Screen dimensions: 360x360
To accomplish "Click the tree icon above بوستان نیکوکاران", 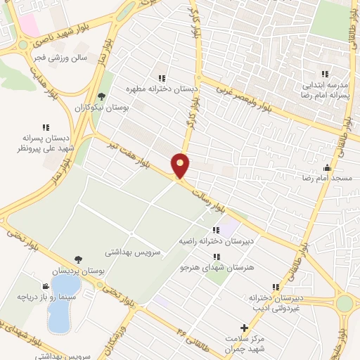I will [101, 96].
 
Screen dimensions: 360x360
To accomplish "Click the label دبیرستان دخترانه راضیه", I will [215, 240].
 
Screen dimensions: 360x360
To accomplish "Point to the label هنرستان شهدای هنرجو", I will [214, 268].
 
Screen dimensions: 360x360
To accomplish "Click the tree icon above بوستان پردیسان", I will [77, 260].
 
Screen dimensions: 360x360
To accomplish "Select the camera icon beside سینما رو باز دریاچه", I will [46, 286].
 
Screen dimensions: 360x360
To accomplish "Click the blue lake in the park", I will [61, 309].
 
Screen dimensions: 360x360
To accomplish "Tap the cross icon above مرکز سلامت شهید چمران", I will [244, 328].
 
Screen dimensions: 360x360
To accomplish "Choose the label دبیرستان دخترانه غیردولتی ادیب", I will [276, 302].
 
